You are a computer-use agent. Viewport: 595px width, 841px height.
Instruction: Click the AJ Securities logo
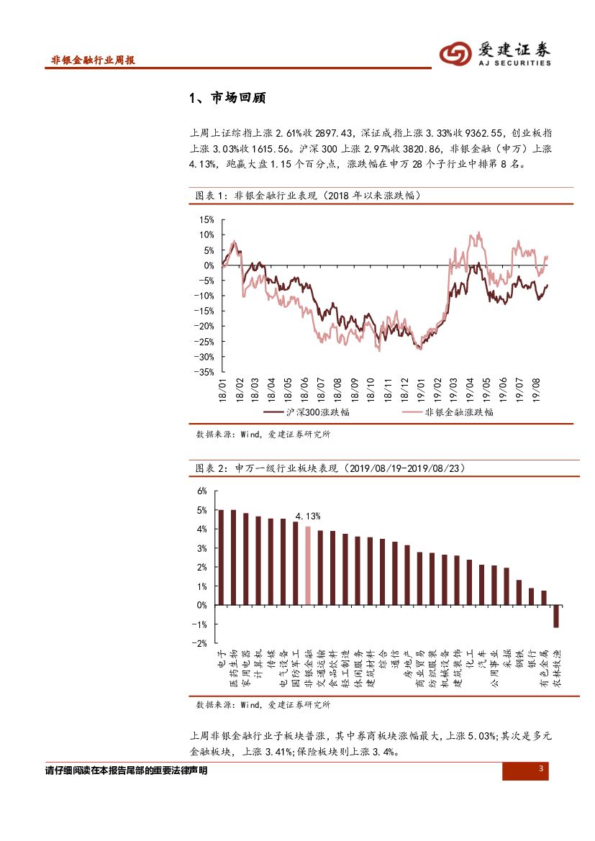click(x=495, y=53)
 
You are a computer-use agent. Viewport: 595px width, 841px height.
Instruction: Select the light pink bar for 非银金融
click(x=308, y=565)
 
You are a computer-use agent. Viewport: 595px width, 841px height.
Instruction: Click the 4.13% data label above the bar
click(x=308, y=516)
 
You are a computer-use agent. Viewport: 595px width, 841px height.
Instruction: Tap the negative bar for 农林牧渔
click(x=556, y=616)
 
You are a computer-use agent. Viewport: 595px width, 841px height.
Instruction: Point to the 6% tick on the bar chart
click(x=202, y=491)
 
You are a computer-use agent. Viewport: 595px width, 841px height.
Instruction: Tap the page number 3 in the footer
click(x=540, y=770)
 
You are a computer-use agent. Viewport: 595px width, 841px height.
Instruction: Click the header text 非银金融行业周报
click(x=93, y=60)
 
